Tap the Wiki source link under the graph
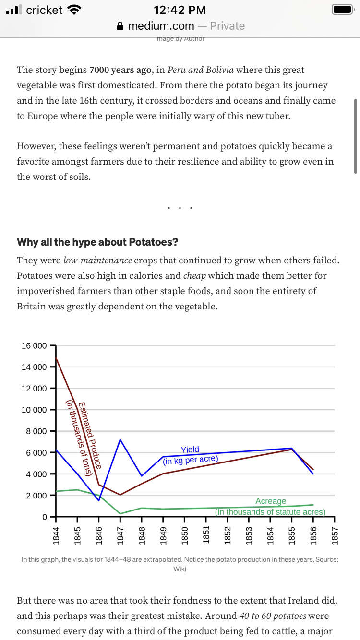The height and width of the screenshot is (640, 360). (180, 569)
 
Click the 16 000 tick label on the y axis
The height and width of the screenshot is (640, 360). (34, 346)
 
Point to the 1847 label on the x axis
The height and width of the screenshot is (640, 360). (120, 535)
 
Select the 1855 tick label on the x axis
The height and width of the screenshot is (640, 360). (292, 535)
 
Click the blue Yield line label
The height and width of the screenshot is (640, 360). (190, 450)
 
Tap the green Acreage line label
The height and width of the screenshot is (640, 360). (271, 501)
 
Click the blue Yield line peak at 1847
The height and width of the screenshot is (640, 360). (120, 440)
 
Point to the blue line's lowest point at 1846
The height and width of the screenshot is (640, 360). (99, 500)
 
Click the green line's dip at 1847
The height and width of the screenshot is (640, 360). (120, 513)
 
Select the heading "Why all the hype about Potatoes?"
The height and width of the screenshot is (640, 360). (97, 242)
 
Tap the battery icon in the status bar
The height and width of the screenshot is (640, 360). (343, 10)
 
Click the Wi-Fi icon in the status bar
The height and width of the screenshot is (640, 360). (74, 10)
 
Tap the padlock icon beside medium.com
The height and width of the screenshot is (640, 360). (120, 26)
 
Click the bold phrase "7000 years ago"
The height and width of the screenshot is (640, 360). (120, 70)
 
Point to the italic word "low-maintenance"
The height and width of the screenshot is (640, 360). (97, 261)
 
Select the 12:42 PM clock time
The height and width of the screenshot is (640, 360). (180, 10)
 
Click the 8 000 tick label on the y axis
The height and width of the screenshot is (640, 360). (36, 431)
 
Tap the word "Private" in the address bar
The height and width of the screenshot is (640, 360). (228, 26)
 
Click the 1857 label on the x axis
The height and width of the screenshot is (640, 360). (335, 535)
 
